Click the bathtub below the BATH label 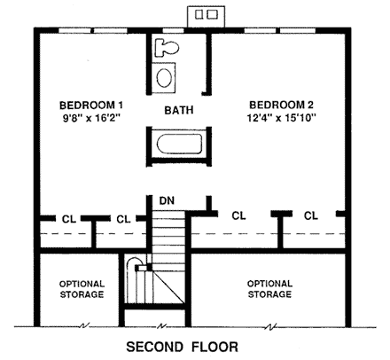click(179, 144)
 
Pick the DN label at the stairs click(166, 200)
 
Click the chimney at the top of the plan click(206, 15)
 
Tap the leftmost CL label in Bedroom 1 click(67, 218)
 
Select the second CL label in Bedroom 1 click(123, 218)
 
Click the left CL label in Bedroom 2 click(238, 215)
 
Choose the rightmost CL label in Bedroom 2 click(311, 215)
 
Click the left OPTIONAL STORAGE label click(82, 288)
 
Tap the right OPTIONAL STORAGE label click(269, 288)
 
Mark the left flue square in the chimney click(199, 15)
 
